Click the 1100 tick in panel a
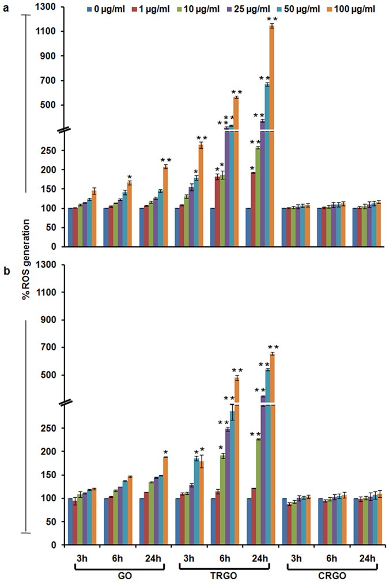51,31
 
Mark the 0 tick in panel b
58,545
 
